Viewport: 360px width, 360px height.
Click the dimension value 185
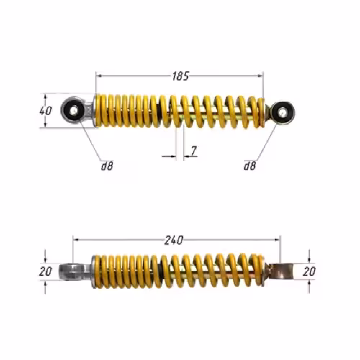[181, 74]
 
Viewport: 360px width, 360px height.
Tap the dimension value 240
[174, 239]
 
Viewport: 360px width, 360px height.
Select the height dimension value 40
[45, 111]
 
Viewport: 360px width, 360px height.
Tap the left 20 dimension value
[45, 271]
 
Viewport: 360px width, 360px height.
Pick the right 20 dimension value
[309, 271]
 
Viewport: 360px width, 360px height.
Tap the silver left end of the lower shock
[73, 271]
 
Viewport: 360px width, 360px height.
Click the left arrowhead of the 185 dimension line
[99, 74]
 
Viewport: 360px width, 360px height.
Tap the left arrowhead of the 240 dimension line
[76, 239]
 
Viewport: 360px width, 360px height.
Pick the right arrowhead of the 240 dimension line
[276, 239]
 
